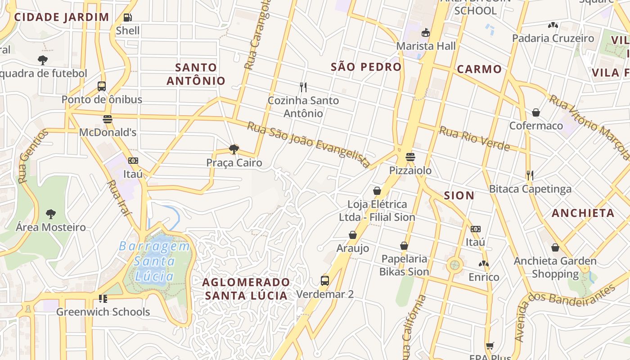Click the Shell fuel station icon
[128, 18]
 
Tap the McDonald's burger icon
[107, 119]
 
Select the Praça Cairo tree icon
[234, 149]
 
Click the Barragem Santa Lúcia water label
[154, 261]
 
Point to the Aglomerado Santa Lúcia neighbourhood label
[246, 288]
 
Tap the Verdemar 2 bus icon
[325, 281]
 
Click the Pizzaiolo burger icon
[410, 157]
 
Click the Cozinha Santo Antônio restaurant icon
[303, 87]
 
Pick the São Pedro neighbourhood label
[366, 67]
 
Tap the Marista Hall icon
[425, 32]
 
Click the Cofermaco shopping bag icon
[535, 112]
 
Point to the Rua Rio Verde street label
[474, 139]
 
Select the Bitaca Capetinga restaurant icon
[530, 175]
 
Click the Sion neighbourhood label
[459, 195]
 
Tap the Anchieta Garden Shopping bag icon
[555, 247]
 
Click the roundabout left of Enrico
[454, 264]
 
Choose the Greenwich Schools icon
[103, 298]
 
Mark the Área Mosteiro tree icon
[50, 214]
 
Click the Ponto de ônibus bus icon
[102, 86]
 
